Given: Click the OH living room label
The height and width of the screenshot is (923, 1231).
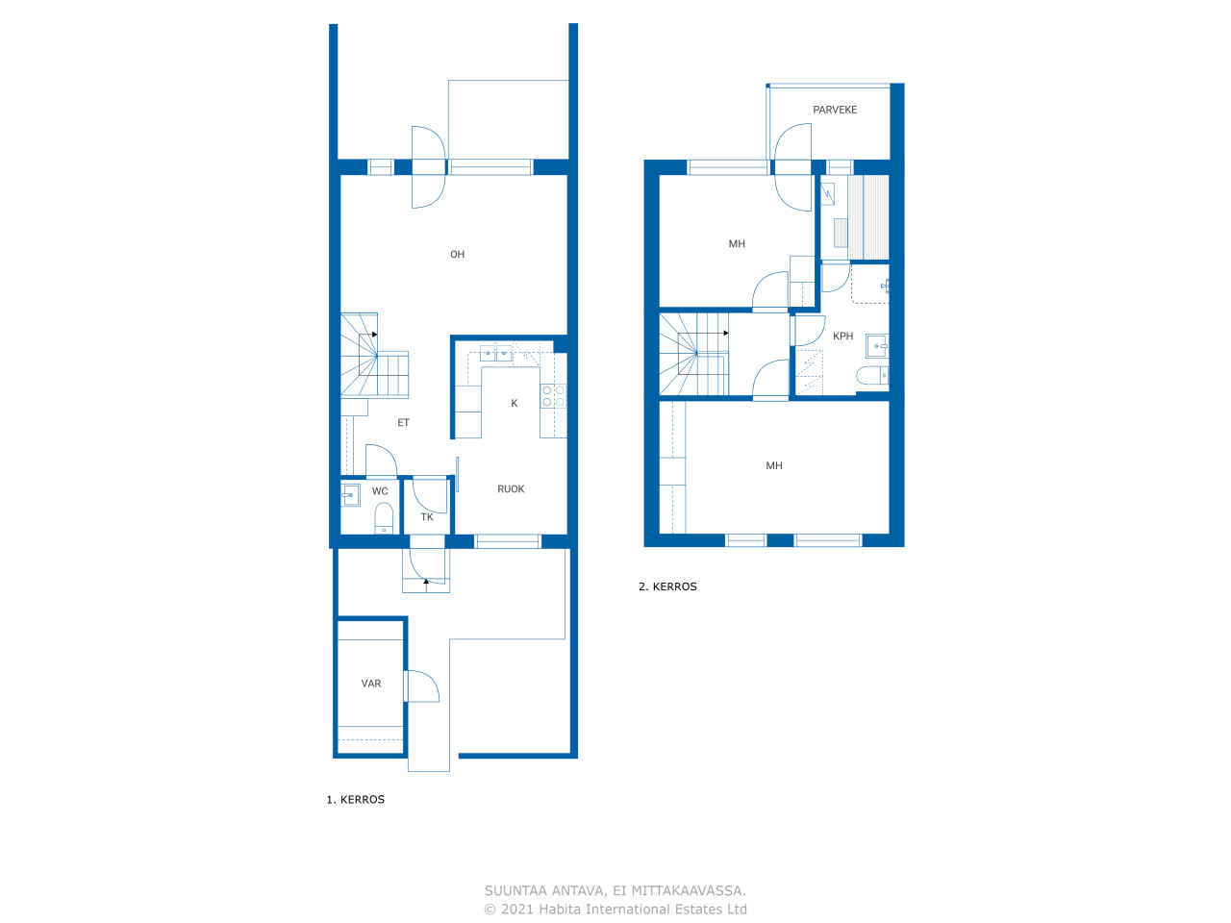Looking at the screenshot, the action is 457,255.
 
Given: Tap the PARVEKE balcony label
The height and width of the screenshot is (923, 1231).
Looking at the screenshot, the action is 835,110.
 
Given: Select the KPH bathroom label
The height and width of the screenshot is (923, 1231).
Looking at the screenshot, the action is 842,337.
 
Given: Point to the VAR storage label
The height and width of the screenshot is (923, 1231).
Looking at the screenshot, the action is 371,684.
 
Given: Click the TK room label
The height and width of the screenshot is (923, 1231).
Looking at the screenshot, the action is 427,517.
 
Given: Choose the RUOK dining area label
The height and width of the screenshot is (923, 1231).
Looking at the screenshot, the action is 511,489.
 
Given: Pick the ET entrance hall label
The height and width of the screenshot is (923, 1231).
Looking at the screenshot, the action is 403,422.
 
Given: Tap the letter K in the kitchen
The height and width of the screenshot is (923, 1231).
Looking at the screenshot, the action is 515,404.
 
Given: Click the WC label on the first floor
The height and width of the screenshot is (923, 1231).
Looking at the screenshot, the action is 380,491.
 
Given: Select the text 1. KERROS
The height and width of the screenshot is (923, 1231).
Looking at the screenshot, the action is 356,800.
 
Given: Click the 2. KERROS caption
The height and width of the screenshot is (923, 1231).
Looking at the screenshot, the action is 667,586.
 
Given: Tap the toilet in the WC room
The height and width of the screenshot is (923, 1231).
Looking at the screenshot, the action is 384,518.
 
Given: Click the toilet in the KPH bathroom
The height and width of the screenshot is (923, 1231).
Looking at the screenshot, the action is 872,376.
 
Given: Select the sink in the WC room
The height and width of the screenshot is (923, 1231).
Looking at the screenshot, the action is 350,495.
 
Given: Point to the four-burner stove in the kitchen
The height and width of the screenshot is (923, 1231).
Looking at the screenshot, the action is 553,396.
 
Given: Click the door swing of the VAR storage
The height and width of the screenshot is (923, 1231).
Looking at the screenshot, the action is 422,686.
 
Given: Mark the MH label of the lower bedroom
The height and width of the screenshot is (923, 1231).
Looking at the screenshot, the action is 774,465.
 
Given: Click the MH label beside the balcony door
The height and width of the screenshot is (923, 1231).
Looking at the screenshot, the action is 737,244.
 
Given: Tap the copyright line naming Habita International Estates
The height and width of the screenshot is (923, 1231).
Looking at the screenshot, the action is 615,909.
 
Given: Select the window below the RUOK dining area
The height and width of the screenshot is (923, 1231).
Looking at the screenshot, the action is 508,541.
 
